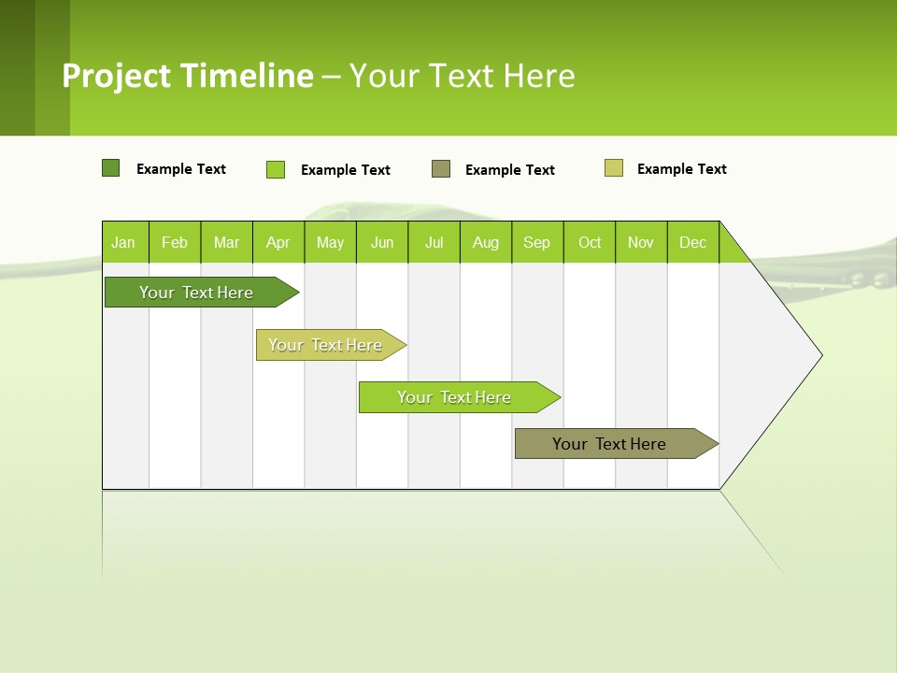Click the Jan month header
pyautogui.click(x=124, y=242)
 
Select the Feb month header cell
pyautogui.click(x=175, y=242)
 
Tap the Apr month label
pyautogui.click(x=278, y=242)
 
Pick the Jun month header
pyautogui.click(x=382, y=242)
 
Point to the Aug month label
pyautogui.click(x=486, y=242)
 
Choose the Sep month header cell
pyautogui.click(x=537, y=242)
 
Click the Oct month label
pyautogui.click(x=590, y=242)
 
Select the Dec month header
pyautogui.click(x=693, y=242)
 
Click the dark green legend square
pyautogui.click(x=110, y=168)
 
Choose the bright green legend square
pyautogui.click(x=276, y=169)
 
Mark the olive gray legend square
pyautogui.click(x=441, y=169)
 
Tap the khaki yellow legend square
pyautogui.click(x=614, y=168)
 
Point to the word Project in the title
pyautogui.click(x=119, y=76)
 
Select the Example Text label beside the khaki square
pyautogui.click(x=681, y=169)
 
